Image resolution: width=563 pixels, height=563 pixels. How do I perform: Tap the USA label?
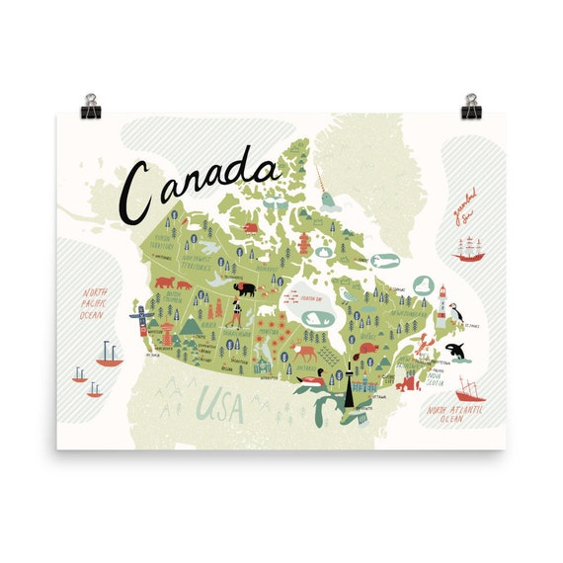point(219,404)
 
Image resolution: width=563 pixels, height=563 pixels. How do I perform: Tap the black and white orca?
point(458,350)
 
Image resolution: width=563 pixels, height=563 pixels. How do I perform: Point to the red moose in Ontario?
point(307,351)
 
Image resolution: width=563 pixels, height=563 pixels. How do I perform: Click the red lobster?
point(422,346)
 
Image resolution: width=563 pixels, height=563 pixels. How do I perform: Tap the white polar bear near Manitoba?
point(268,318)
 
